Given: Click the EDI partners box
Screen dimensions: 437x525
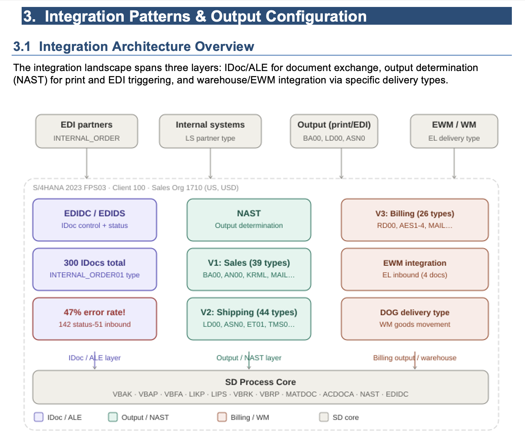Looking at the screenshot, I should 87,131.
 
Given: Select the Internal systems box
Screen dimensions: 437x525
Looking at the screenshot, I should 210,131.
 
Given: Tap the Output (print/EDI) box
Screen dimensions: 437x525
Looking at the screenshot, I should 334,131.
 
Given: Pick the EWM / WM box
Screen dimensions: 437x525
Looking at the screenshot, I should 454,131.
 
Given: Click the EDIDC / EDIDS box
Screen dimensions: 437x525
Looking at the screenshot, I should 95,220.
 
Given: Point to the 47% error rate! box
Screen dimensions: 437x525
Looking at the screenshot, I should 95,319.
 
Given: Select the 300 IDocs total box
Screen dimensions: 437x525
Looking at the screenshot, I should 95,269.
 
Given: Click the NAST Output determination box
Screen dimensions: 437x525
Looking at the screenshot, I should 249,220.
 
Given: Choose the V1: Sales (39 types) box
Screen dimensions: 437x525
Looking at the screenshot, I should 249,269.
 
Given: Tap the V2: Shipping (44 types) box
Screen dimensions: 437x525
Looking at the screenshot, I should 249,319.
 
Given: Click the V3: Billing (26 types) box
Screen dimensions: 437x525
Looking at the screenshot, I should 415,220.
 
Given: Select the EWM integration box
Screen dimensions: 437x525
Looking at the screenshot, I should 415,269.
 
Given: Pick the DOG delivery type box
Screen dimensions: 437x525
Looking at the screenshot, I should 415,319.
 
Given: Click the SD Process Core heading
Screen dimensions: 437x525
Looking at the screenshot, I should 261,382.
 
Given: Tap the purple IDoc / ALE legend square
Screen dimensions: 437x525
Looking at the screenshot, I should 39,417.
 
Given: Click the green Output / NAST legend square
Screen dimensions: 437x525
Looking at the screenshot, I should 113,417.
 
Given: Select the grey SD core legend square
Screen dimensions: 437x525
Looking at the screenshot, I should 324,417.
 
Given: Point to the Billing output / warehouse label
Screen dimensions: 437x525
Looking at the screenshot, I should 414,358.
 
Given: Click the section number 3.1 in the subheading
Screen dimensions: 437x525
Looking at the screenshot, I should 22,47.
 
